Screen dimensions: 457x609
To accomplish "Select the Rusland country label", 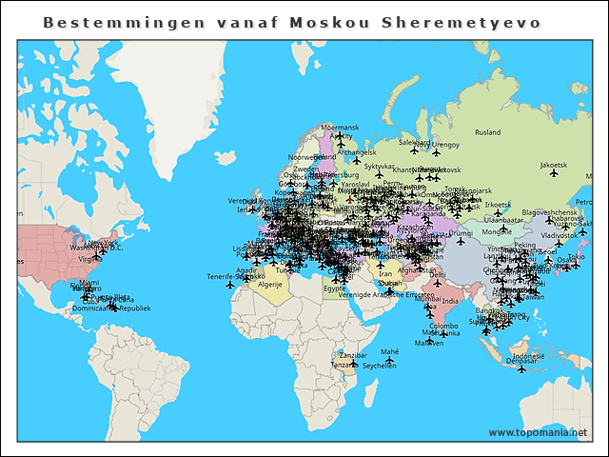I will tap(487, 132).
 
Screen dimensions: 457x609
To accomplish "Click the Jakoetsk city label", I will tap(553, 165).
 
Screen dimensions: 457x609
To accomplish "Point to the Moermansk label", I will tap(340, 127).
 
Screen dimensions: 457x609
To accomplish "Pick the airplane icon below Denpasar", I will tap(521, 370).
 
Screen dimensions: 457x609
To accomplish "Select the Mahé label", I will tap(390, 351).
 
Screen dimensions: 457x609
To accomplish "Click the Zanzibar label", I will tap(353, 354).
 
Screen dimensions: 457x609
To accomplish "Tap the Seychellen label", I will tap(379, 366).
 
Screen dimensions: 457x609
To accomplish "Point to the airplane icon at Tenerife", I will tap(230, 285).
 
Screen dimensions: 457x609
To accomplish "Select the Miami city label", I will tap(88, 282).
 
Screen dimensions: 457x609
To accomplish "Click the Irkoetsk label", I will tap(498, 204).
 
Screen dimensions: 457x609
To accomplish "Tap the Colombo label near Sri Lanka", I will tap(443, 326).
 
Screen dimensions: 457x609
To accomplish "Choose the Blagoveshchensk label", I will tap(550, 212).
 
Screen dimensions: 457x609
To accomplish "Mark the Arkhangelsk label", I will tap(357, 151).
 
